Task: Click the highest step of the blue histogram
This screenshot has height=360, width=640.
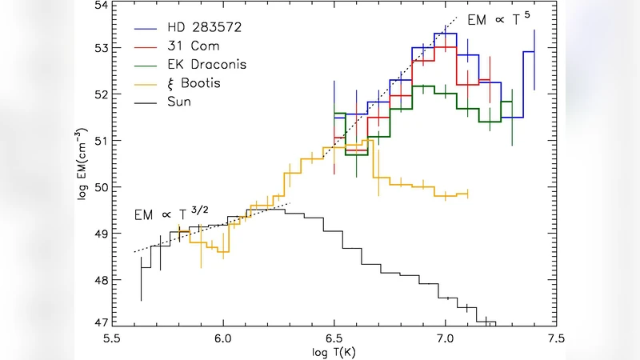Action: (445, 34)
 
